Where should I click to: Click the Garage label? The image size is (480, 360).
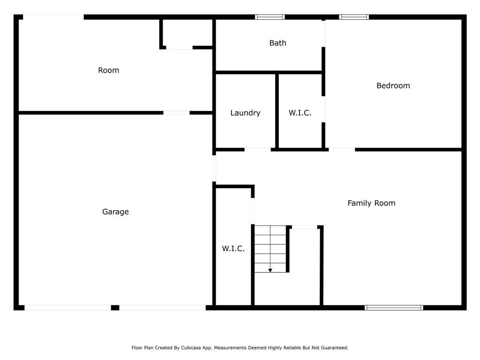click(x=115, y=211)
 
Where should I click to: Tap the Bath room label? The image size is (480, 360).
click(x=277, y=43)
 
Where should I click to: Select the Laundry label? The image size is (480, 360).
click(x=245, y=113)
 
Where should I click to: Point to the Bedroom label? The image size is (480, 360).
click(x=393, y=85)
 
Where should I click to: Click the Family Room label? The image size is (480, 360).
click(x=371, y=203)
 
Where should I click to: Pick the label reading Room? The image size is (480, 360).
click(x=108, y=70)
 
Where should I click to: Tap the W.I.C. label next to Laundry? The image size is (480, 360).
click(x=300, y=113)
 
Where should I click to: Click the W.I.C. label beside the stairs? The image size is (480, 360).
click(x=233, y=248)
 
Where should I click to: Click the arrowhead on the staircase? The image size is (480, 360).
click(x=270, y=270)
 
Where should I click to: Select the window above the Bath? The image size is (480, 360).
click(x=270, y=17)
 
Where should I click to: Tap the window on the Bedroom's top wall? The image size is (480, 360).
click(x=354, y=17)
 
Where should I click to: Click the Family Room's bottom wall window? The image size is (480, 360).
click(x=394, y=307)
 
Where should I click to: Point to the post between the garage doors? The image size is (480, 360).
click(x=115, y=307)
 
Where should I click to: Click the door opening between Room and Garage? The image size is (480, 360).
click(x=176, y=113)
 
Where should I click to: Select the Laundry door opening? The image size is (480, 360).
click(x=258, y=150)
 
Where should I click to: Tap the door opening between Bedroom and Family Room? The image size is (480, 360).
click(x=342, y=150)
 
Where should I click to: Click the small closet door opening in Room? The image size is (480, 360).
click(x=180, y=47)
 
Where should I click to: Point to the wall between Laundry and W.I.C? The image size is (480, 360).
click(x=277, y=112)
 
